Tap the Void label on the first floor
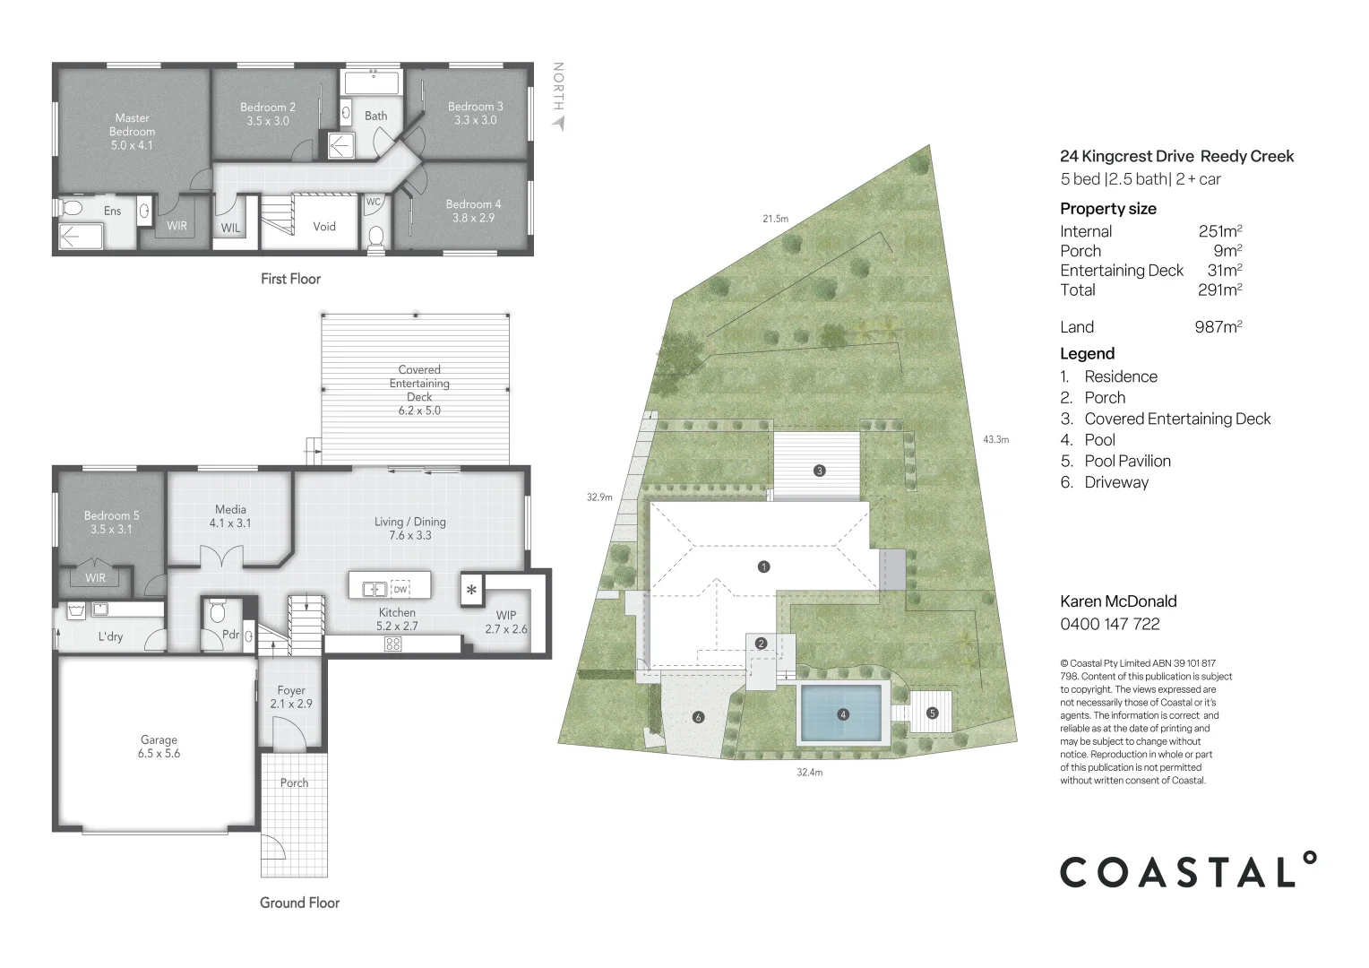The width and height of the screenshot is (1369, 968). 324,227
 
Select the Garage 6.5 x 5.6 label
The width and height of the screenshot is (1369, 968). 159,747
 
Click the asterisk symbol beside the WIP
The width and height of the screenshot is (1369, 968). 471,591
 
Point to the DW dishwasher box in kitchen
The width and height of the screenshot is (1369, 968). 400,589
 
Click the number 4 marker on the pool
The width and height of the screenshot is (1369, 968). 842,714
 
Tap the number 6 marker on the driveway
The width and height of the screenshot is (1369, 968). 698,717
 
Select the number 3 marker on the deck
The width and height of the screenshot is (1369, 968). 819,471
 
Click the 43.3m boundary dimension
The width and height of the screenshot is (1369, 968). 995,439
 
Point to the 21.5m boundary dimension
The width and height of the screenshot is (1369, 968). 775,219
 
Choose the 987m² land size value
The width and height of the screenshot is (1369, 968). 1218,327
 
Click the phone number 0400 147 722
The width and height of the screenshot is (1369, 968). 1109,624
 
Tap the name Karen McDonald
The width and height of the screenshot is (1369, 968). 1118,601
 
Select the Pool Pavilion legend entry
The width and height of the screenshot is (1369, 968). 1127,461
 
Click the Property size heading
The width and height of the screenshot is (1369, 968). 1107,209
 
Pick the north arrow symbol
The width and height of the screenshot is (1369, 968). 559,123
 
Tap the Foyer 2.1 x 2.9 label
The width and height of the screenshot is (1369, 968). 291,697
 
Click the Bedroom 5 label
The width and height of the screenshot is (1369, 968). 111,522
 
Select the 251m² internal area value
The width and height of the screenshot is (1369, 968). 1219,231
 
